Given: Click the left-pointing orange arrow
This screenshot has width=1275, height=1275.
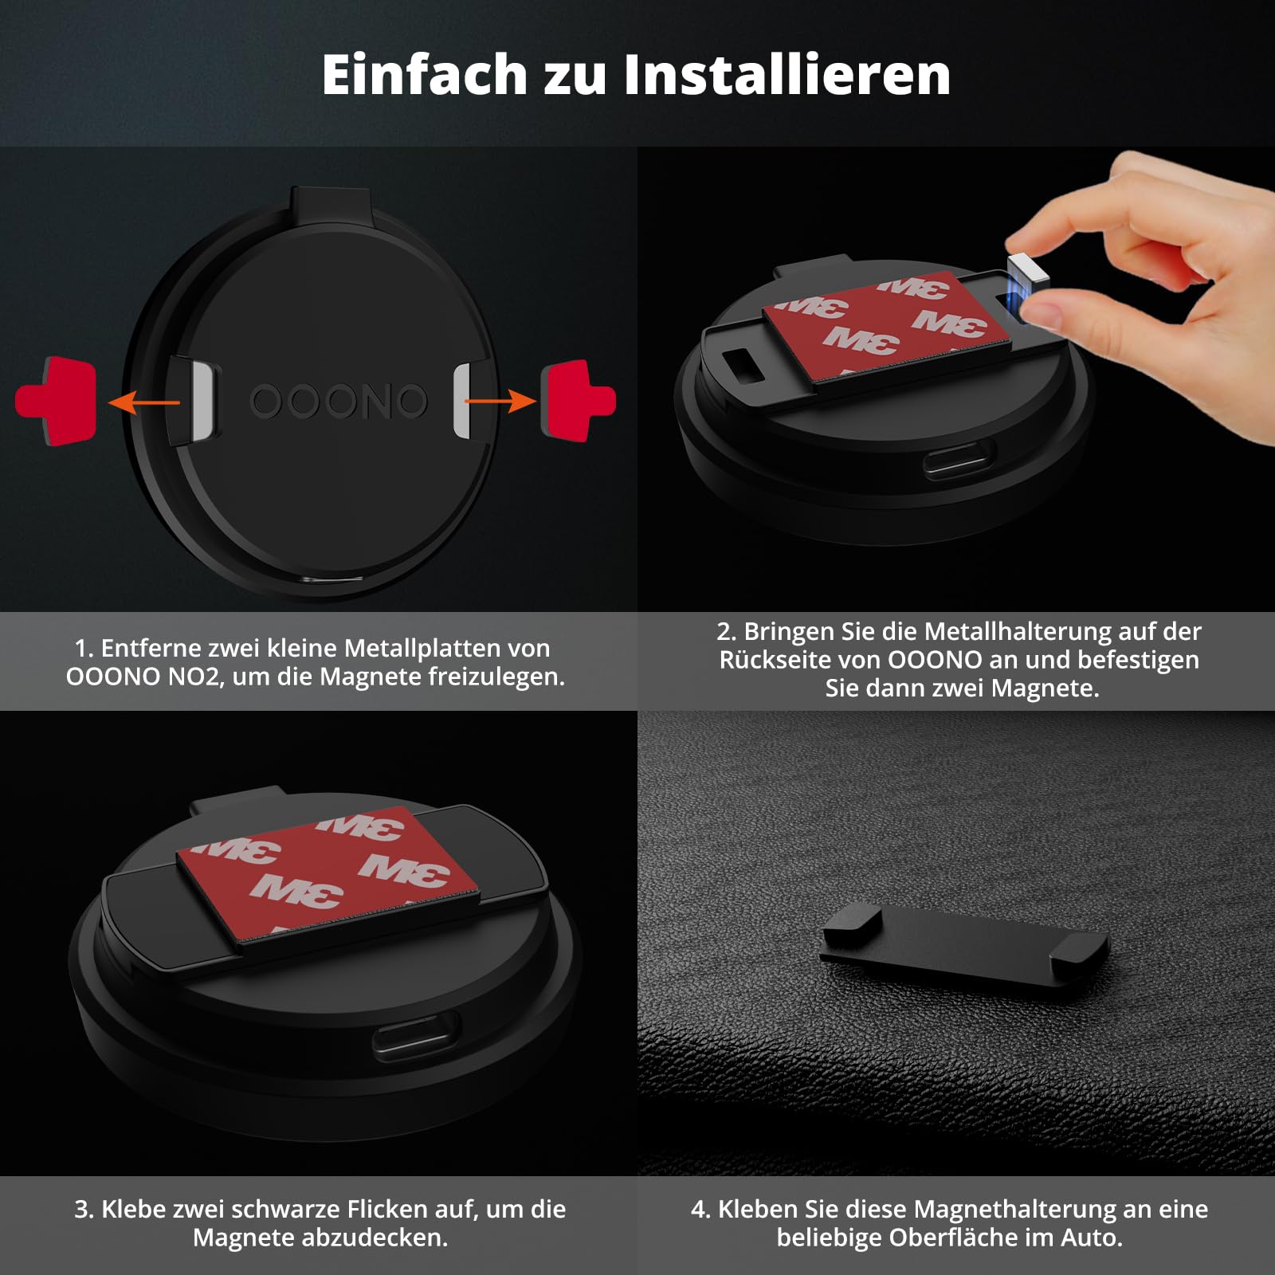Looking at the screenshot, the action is pyautogui.click(x=143, y=402).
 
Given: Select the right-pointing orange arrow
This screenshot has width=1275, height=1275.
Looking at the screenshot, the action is pyautogui.click(x=500, y=401).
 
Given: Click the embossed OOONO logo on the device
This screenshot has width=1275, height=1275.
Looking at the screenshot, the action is pyautogui.click(x=339, y=401).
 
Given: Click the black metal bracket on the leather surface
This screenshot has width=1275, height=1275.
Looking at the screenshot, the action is pyautogui.click(x=964, y=943).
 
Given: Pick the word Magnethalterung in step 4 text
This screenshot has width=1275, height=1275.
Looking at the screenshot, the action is pyautogui.click(x=1015, y=1209).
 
